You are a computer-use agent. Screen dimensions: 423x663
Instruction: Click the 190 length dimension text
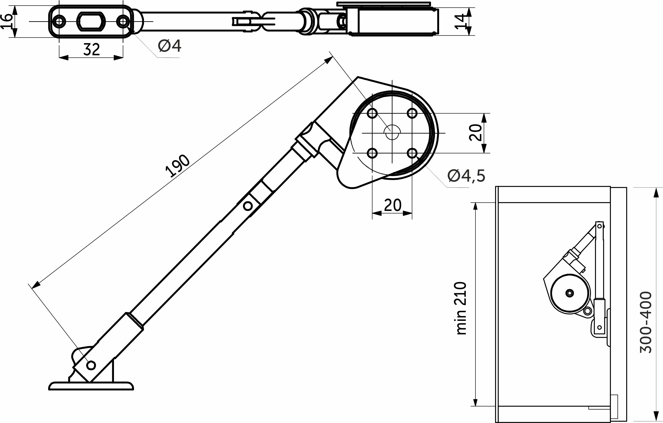[x=178, y=166]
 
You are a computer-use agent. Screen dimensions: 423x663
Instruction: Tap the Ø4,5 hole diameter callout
[x=466, y=176]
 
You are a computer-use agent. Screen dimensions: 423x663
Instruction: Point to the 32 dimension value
[x=91, y=50]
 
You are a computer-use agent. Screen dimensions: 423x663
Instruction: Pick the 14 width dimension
[x=461, y=21]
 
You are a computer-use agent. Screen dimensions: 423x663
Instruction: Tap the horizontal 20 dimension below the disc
[x=393, y=205]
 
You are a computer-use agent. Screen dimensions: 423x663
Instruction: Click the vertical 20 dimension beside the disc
[x=475, y=133]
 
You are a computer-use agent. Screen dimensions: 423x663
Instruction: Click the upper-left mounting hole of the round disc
[x=372, y=113]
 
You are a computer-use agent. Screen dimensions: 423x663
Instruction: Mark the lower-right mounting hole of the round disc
[x=412, y=153]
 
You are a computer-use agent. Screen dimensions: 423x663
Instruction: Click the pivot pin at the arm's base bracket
[x=91, y=365]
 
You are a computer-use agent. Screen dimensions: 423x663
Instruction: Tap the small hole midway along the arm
[x=248, y=206]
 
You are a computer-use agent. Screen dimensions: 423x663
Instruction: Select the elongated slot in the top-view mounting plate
[x=91, y=21]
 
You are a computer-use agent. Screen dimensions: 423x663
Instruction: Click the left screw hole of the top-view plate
[x=59, y=21]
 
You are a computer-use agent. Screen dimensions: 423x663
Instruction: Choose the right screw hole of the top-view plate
[x=123, y=21]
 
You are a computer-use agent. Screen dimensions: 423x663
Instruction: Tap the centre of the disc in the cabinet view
[x=570, y=293]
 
